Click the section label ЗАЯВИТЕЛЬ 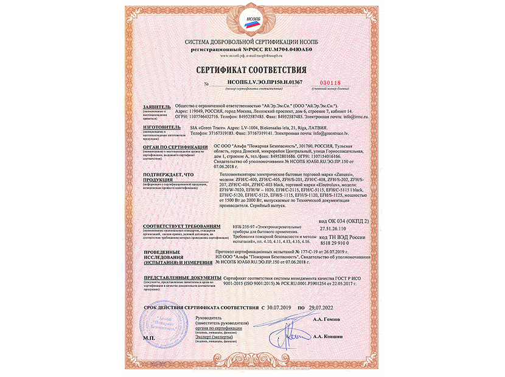[156, 107]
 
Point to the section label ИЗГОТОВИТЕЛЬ [159, 128]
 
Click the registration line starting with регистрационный [251, 47]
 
